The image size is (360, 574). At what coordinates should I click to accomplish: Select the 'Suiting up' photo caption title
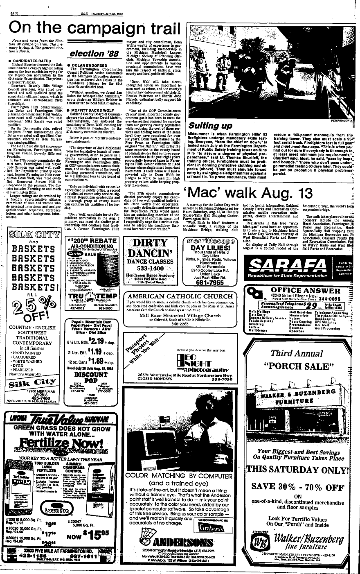tap(210, 125)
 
